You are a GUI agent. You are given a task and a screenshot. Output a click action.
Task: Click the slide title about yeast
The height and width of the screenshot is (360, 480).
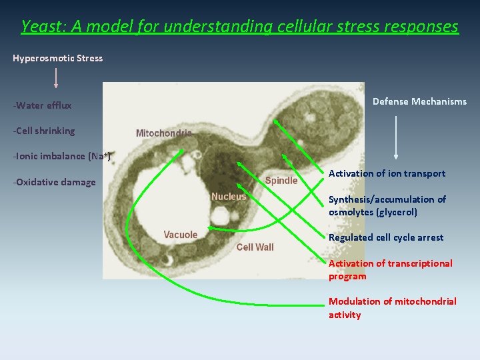pos(240,27)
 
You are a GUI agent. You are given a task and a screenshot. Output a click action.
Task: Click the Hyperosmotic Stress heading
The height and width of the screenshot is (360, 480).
pos(57,58)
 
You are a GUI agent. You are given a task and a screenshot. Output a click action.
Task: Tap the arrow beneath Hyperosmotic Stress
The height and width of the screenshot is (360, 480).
pos(55,77)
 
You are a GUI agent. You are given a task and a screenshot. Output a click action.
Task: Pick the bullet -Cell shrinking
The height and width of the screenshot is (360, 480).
pos(44,131)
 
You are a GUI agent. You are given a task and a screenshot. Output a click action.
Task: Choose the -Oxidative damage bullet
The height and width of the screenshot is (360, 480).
pos(54,182)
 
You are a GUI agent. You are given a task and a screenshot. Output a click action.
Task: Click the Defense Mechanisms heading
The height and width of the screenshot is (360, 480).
pos(419,101)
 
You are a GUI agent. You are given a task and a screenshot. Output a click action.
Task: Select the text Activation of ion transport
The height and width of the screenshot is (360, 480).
pos(387,173)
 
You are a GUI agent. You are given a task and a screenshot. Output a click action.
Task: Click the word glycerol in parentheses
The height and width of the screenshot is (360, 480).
pos(396,212)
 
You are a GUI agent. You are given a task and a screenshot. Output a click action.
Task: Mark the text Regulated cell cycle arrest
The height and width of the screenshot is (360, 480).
pos(385,237)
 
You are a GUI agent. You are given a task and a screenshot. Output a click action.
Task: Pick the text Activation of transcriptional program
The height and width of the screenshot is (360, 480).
pos(390,269)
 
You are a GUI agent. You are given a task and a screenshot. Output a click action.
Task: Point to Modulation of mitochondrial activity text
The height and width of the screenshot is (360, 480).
pos(392,308)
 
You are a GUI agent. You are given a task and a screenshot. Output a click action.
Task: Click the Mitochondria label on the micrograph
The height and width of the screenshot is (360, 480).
pos(163,133)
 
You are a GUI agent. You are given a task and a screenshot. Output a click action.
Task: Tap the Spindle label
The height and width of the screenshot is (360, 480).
pos(281,181)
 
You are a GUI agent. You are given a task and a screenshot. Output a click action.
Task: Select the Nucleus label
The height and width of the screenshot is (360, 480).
pos(229,197)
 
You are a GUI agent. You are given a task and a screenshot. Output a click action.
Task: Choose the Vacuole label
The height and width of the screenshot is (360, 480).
pos(181,235)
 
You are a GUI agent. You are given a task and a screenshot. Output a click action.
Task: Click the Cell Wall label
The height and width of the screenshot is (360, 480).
pos(255,247)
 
